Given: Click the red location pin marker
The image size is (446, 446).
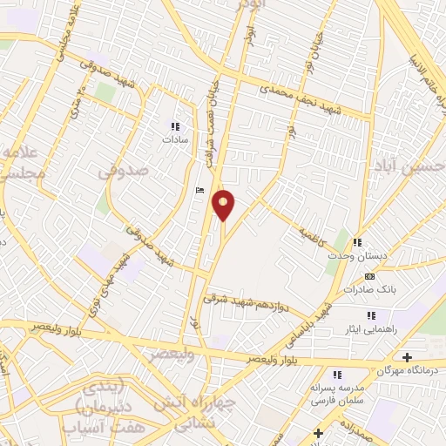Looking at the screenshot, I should [224, 205].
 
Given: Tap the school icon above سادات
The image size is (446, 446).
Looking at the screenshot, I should [172, 125].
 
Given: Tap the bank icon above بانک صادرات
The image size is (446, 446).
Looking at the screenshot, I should [369, 276].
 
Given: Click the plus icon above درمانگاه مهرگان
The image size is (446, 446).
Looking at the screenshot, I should [407, 356].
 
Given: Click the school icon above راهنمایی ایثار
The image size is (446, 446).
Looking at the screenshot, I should [372, 314].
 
